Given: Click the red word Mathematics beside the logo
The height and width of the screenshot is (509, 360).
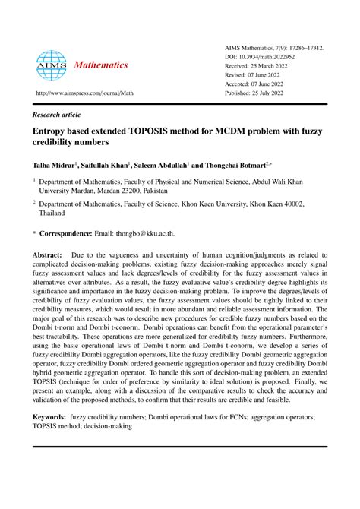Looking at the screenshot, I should point(100,65).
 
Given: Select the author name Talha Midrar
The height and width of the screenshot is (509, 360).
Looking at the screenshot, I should point(53,163).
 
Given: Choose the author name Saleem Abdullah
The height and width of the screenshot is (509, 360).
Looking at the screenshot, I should point(163,163).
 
